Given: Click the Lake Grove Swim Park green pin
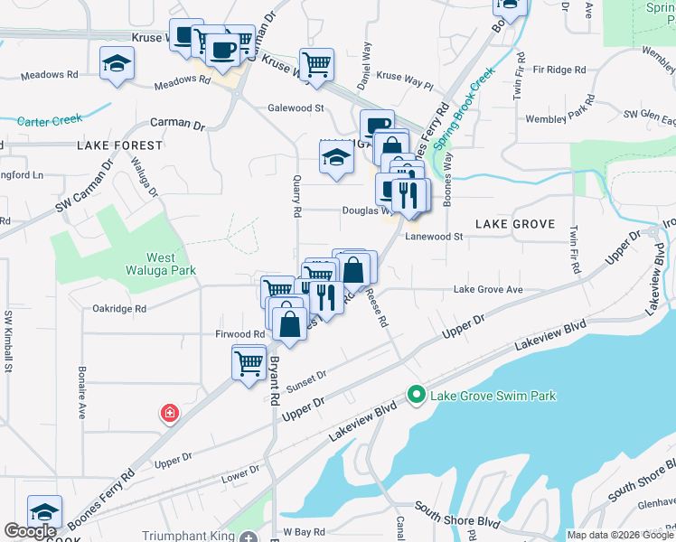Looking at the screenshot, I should tap(416, 395).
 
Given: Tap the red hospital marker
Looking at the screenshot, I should tap(169, 414).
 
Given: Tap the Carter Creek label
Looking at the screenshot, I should tap(49, 119).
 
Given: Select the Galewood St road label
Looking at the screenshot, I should tap(296, 107).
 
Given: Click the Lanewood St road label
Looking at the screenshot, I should tap(434, 237).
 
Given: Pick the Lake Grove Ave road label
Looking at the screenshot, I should tap(488, 289).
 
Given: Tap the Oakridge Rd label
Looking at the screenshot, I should tap(119, 308).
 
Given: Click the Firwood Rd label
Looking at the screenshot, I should tap(239, 334).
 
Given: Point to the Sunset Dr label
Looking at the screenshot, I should tap(306, 380).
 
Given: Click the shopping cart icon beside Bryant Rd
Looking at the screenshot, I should tap(249, 362).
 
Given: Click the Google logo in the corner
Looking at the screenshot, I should tap(30, 532).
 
